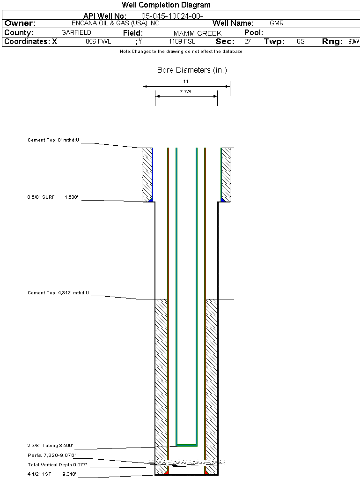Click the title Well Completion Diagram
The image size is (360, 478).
tap(166, 5)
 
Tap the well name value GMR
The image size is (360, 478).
tap(276, 23)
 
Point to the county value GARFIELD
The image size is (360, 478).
tap(76, 33)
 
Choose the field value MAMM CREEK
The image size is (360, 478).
tap(197, 33)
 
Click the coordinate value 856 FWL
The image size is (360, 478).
tap(98, 42)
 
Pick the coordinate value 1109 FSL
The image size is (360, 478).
tap(182, 42)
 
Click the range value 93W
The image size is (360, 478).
tap(353, 42)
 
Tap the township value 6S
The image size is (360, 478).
tap(301, 42)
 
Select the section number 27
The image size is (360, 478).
tap(248, 42)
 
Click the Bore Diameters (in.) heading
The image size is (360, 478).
tap(192, 70)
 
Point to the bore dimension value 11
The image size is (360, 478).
tap(186, 81)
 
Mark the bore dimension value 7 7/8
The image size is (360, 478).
tap(186, 92)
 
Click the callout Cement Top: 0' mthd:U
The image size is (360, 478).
tap(53, 140)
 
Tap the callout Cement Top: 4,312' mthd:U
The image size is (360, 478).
tap(58, 293)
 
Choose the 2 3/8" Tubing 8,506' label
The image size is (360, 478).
tap(50, 446)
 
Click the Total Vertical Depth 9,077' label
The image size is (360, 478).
tap(57, 465)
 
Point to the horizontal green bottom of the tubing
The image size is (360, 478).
tap(186, 444)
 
